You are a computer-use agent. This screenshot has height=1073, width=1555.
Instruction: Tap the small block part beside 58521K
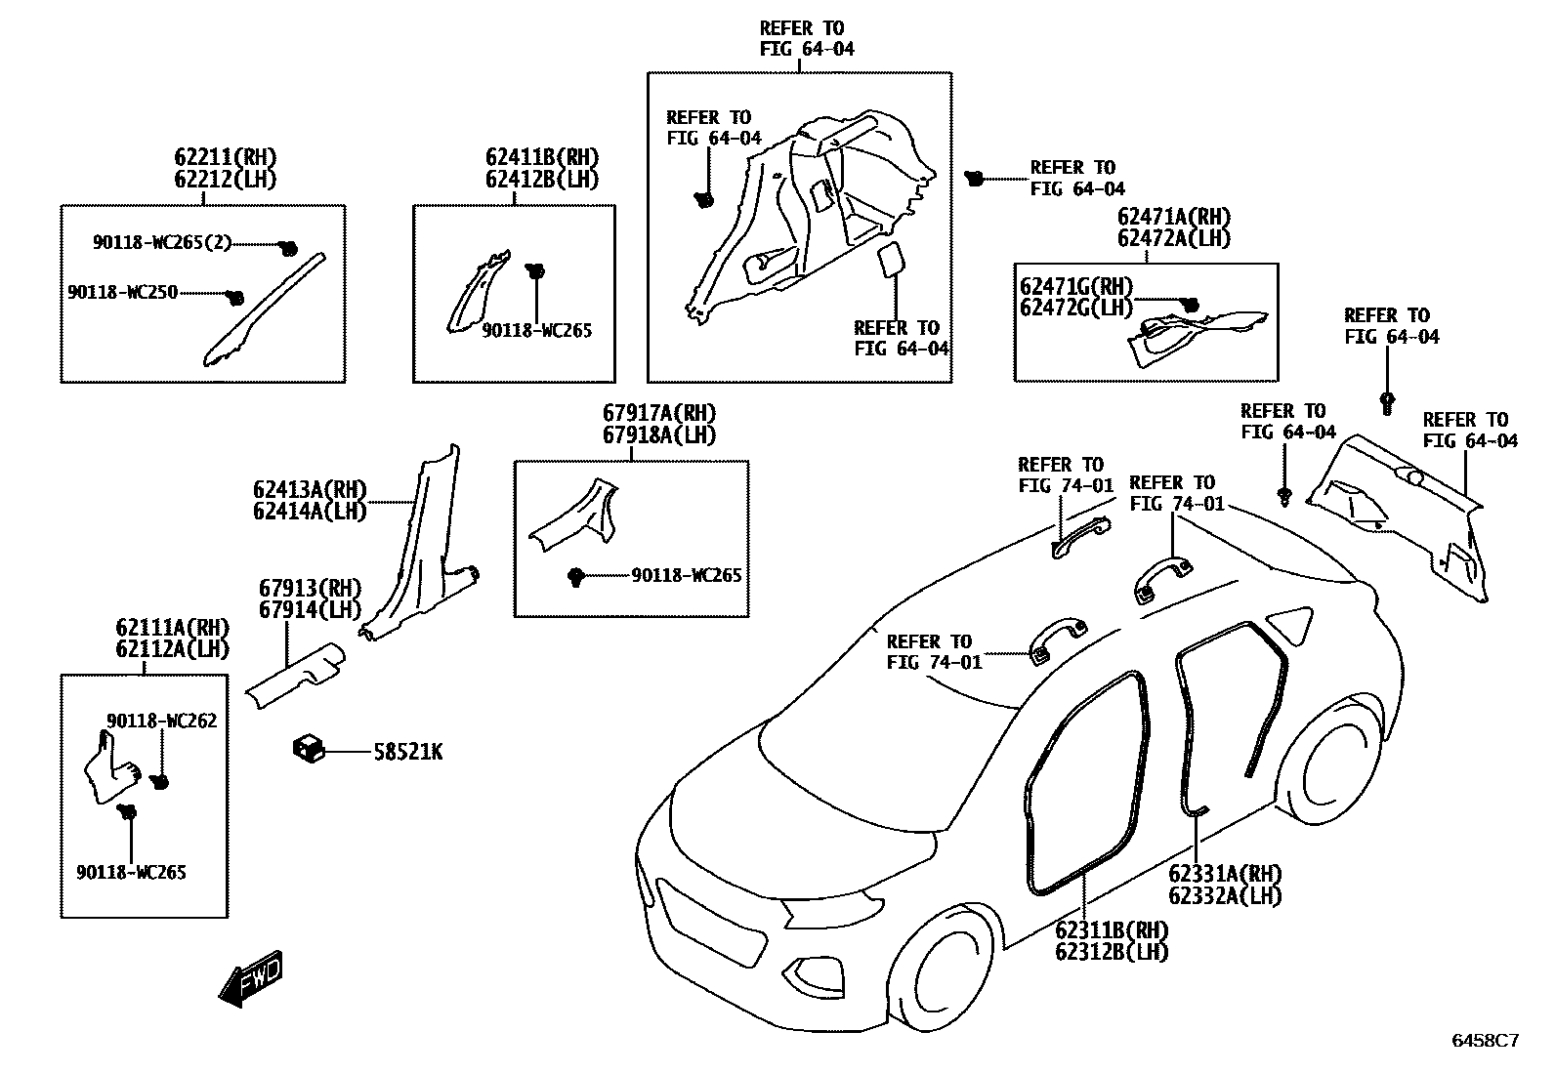308,749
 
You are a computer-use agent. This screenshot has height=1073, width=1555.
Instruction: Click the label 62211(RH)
226,157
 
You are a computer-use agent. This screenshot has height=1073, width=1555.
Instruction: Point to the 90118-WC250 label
123,292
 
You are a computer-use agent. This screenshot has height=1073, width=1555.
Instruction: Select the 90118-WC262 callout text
162,721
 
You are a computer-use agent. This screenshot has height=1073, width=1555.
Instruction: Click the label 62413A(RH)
309,489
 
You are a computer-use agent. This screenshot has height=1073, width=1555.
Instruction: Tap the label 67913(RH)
310,589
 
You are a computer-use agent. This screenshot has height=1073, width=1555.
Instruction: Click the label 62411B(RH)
542,157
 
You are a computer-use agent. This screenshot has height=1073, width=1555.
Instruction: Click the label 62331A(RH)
1225,874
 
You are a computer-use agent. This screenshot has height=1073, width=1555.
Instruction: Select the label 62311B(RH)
1112,929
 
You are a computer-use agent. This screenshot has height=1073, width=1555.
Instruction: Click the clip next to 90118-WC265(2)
288,248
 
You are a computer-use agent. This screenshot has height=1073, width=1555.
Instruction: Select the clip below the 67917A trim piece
576,577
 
